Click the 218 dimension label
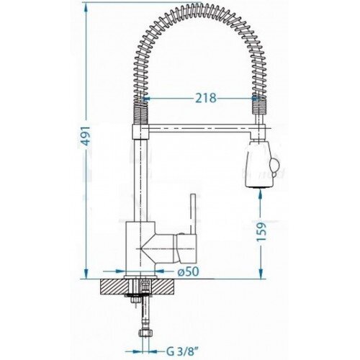[x=206, y=98]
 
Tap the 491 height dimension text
[x=86, y=136]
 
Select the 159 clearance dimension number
[x=261, y=232]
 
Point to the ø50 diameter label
[x=188, y=271]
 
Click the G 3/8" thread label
[x=181, y=351]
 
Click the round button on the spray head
[x=274, y=166]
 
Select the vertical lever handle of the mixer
[x=194, y=214]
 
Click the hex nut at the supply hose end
[x=145, y=333]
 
